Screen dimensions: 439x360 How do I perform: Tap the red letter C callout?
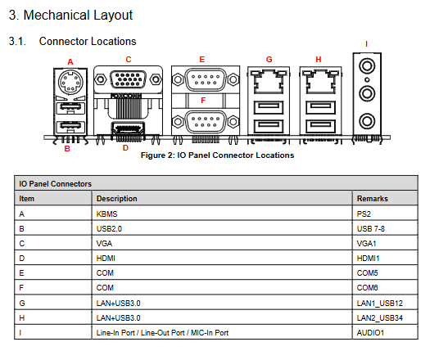[129, 59]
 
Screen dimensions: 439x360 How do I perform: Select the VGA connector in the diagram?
[128, 79]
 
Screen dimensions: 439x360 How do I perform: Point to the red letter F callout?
[203, 101]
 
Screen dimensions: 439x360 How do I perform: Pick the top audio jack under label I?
[367, 66]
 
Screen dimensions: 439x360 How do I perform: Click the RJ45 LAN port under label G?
[269, 83]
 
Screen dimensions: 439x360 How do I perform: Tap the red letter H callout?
[319, 59]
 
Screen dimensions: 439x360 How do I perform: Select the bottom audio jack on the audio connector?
[367, 121]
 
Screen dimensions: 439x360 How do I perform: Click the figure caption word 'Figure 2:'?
[157, 155]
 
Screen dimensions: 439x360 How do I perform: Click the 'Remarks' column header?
[372, 199]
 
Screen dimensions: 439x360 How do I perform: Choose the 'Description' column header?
[117, 199]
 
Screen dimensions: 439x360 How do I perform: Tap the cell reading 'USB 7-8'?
[371, 229]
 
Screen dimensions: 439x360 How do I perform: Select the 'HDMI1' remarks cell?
[368, 259]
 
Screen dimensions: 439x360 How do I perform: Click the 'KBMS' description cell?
[106, 214]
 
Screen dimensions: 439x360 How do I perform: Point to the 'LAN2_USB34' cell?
[380, 317]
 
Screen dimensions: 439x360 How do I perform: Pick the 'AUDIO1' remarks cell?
[370, 332]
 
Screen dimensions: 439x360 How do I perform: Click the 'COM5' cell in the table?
[367, 272]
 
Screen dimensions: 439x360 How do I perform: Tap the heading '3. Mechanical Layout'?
[70, 15]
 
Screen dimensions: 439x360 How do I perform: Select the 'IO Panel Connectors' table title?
[55, 184]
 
